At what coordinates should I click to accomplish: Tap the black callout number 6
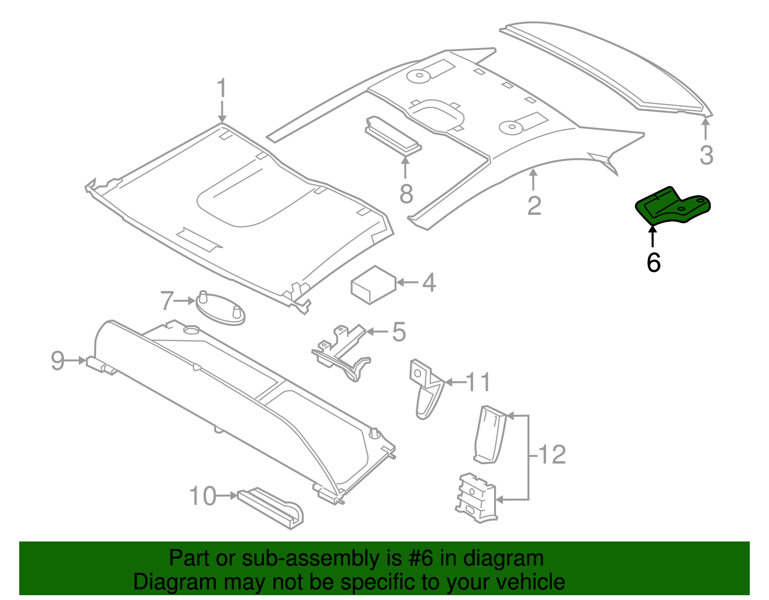coord(654,262)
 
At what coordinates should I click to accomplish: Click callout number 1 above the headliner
coord(221,89)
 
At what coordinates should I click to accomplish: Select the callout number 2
coord(534,206)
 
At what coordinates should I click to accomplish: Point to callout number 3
coord(706,155)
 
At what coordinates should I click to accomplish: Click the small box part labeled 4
coord(373,285)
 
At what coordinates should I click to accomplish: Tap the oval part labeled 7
coord(221,308)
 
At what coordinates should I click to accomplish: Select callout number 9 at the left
coord(57,360)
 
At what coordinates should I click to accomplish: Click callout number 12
coord(552,454)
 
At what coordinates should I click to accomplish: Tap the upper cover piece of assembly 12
coord(490,434)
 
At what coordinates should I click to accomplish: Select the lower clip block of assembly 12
coord(475,499)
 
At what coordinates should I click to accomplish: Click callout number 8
coord(406,195)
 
